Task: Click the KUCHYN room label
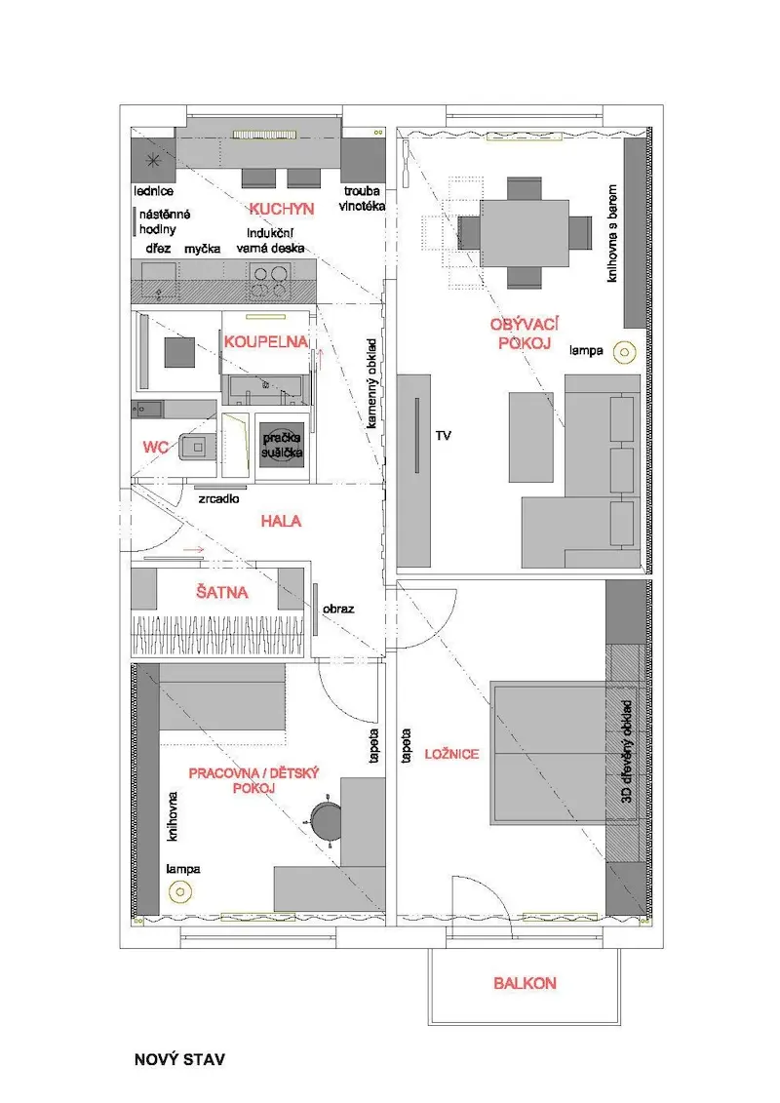282,209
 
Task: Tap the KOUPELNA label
266,342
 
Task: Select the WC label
155,448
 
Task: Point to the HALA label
281,521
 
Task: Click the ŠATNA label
222,592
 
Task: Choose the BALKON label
525,983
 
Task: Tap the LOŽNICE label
451,754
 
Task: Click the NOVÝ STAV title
179,1059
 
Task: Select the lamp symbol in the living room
624,352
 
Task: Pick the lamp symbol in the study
180,892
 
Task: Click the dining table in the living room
525,233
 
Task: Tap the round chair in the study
326,819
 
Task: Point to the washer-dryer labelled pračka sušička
282,446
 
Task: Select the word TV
443,436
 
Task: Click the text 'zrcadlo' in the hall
218,498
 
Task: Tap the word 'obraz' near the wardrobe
338,610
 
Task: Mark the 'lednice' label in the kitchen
154,191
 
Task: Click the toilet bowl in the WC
197,446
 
